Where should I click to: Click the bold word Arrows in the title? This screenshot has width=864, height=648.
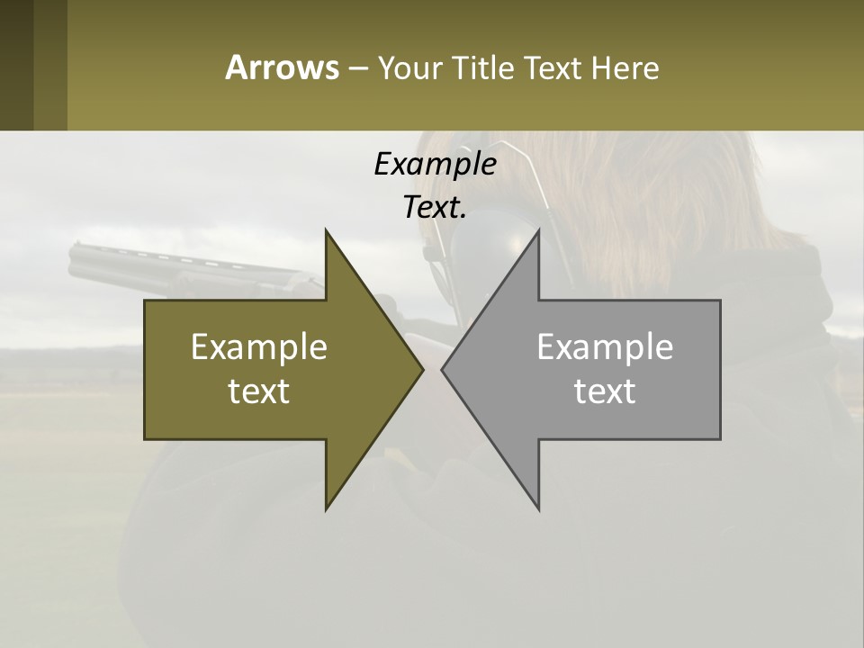[x=282, y=67]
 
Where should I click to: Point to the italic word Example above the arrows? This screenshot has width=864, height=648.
[x=435, y=164]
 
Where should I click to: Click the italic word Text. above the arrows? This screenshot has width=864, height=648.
[x=435, y=207]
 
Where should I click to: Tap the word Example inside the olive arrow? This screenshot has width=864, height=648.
[x=259, y=346]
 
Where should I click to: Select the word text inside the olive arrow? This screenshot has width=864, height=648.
[x=259, y=391]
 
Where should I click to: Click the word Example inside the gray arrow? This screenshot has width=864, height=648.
[x=605, y=346]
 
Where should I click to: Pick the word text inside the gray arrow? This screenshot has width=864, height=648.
[x=605, y=391]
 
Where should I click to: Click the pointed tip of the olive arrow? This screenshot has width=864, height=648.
[x=423, y=369]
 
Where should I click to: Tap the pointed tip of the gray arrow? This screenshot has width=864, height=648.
[x=442, y=369]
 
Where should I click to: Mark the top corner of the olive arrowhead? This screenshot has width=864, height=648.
[x=326, y=229]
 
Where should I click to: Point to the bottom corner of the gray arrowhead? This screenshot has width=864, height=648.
[x=539, y=509]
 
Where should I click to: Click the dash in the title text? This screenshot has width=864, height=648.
[x=357, y=68]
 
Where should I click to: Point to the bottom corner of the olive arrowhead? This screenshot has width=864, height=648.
[x=326, y=509]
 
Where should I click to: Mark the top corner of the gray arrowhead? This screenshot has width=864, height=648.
[x=539, y=229]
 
